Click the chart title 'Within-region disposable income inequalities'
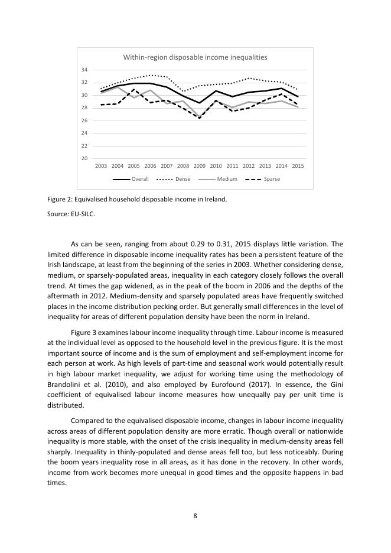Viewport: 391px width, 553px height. pos(195,57)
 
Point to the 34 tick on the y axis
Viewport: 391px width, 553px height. pos(84,70)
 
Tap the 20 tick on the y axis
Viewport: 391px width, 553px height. pos(84,158)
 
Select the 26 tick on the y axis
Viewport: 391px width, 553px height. pos(84,121)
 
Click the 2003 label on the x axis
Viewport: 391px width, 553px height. pos(101,166)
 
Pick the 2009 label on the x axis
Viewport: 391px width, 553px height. pos(200,166)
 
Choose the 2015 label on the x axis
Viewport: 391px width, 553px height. pos(298,166)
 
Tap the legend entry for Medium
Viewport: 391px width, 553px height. pos(227,179)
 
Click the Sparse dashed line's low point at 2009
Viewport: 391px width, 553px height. pos(200,118)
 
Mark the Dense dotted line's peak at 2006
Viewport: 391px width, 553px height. pos(151,75)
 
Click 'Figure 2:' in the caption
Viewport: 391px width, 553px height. pos(59,199)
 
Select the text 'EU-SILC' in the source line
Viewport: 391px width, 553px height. pos(83,214)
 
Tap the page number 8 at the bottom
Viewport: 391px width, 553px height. pos(195,515)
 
